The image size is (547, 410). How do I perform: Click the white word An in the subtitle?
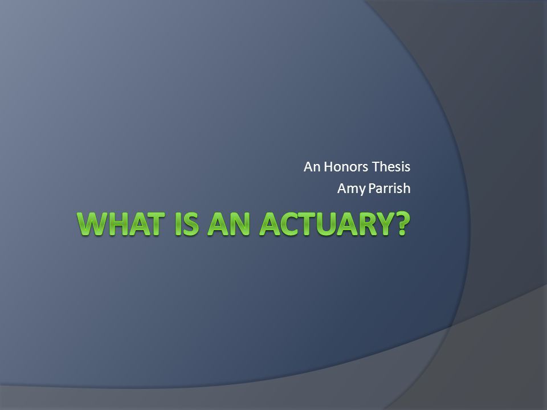(x=312, y=167)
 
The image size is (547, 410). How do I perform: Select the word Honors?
(x=346, y=167)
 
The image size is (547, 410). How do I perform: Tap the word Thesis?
(x=391, y=167)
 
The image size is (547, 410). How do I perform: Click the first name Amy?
(x=352, y=189)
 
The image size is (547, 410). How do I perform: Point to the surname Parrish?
(x=390, y=188)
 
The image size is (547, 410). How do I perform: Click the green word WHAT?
(x=121, y=224)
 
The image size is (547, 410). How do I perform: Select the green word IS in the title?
(x=187, y=224)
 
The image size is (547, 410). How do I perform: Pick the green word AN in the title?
(x=229, y=224)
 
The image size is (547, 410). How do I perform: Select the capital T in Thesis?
(x=375, y=167)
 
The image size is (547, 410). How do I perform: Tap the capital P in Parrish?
(x=372, y=188)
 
